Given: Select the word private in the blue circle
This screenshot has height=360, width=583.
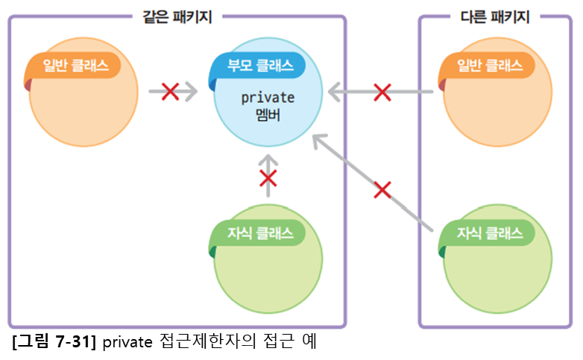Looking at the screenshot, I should click(x=268, y=98).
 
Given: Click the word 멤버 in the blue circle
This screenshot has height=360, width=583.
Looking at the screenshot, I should click(x=268, y=116).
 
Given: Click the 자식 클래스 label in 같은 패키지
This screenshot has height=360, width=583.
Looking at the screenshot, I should click(x=257, y=233).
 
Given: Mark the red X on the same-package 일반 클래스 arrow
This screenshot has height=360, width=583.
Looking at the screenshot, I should click(x=170, y=92).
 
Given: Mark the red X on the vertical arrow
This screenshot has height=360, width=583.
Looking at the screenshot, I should click(x=268, y=179).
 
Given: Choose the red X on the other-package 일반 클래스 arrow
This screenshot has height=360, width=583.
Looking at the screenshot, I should click(x=382, y=92).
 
